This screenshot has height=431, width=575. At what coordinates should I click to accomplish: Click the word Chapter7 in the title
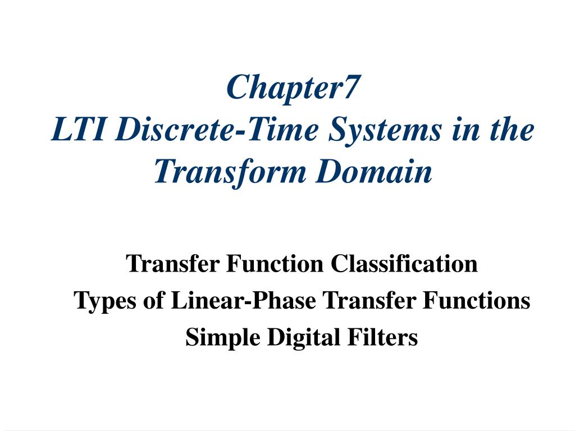coord(292,88)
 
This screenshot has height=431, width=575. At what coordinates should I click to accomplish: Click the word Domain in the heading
coord(373,171)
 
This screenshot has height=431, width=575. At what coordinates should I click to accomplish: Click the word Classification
coord(404,263)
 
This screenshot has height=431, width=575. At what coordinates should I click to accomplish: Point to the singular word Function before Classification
coord(275,263)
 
